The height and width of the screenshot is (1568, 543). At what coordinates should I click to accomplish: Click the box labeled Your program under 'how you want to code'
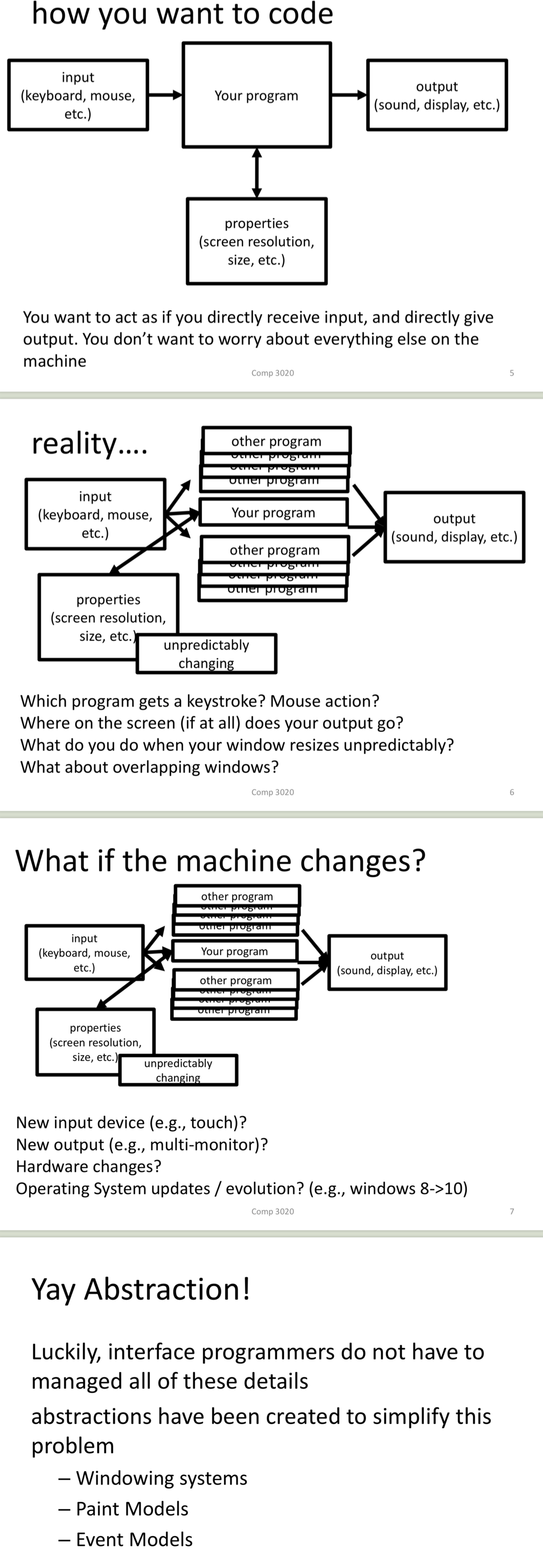pos(256,95)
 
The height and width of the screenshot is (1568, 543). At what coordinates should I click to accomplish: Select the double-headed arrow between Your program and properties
pos(257,173)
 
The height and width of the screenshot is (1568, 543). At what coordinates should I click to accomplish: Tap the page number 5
pos(512,373)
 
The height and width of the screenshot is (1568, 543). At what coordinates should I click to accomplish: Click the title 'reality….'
pos(89,443)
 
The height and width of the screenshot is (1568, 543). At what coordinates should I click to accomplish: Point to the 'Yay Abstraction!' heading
pos(141,1289)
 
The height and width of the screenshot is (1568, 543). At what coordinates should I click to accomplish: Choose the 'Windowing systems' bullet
pos(161,1478)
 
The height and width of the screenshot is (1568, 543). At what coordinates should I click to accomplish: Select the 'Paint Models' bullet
pos(131,1508)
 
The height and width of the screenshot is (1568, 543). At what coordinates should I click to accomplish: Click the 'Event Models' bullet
pos(134,1539)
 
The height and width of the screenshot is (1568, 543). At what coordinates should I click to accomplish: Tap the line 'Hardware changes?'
pos(88,1166)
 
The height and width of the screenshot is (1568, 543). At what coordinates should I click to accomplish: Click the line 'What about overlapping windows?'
pos(149,767)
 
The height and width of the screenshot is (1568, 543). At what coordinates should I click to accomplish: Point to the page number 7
pos(512,1212)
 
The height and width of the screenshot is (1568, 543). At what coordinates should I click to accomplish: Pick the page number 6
pos(512,792)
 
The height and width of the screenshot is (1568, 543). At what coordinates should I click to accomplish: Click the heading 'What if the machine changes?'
pos(220,860)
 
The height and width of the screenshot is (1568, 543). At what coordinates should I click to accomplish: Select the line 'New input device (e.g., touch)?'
pos(131,1123)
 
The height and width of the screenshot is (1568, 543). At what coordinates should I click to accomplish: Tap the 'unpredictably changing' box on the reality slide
pos(206,654)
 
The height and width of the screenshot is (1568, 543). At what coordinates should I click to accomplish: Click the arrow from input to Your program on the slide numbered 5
pos(165,95)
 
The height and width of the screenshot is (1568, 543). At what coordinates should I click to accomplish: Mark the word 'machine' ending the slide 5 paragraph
pos(55,361)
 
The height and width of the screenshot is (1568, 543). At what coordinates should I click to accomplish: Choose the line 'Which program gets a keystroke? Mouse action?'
pos(200,701)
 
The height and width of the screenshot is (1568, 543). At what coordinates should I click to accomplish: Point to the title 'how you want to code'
pos(182,13)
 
